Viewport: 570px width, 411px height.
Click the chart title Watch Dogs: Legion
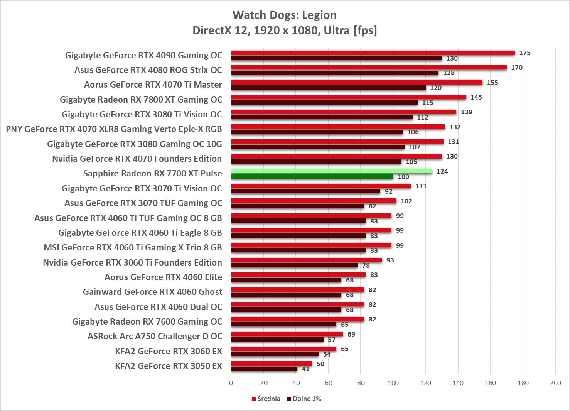pos(285,15)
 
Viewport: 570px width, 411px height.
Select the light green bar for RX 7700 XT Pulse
pos(332,171)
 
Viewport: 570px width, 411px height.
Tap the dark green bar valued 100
pos(312,176)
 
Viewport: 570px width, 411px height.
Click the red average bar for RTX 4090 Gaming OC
pos(373,53)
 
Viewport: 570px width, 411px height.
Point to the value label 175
pos(524,53)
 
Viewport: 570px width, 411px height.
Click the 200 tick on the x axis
pos(555,383)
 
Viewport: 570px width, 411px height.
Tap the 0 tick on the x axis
pos(231,383)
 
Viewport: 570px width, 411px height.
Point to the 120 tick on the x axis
pos(425,383)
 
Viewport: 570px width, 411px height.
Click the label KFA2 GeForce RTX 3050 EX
pos(169,366)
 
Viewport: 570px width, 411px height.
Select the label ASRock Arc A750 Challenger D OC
pos(155,336)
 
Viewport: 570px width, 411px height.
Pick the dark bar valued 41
pos(264,369)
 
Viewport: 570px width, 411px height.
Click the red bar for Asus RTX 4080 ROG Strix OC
pos(369,68)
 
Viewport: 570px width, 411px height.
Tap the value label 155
pos(492,83)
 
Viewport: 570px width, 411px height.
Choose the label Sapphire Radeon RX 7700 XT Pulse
pos(152,173)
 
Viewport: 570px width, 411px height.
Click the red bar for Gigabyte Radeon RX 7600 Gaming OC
pos(297,319)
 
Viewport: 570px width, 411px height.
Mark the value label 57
pos(331,340)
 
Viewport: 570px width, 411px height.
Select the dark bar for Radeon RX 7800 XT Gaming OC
pos(324,103)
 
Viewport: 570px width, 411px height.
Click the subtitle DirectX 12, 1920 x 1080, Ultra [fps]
pos(285,30)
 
